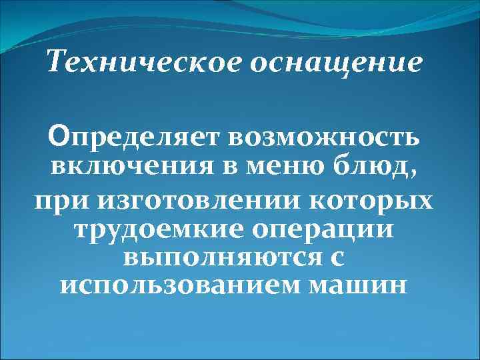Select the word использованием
[x=179, y=285]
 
